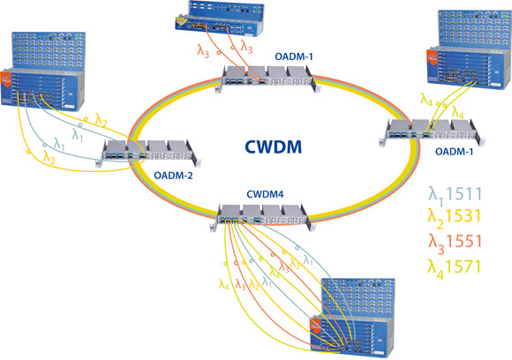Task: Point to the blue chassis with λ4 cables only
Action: click(463, 48)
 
